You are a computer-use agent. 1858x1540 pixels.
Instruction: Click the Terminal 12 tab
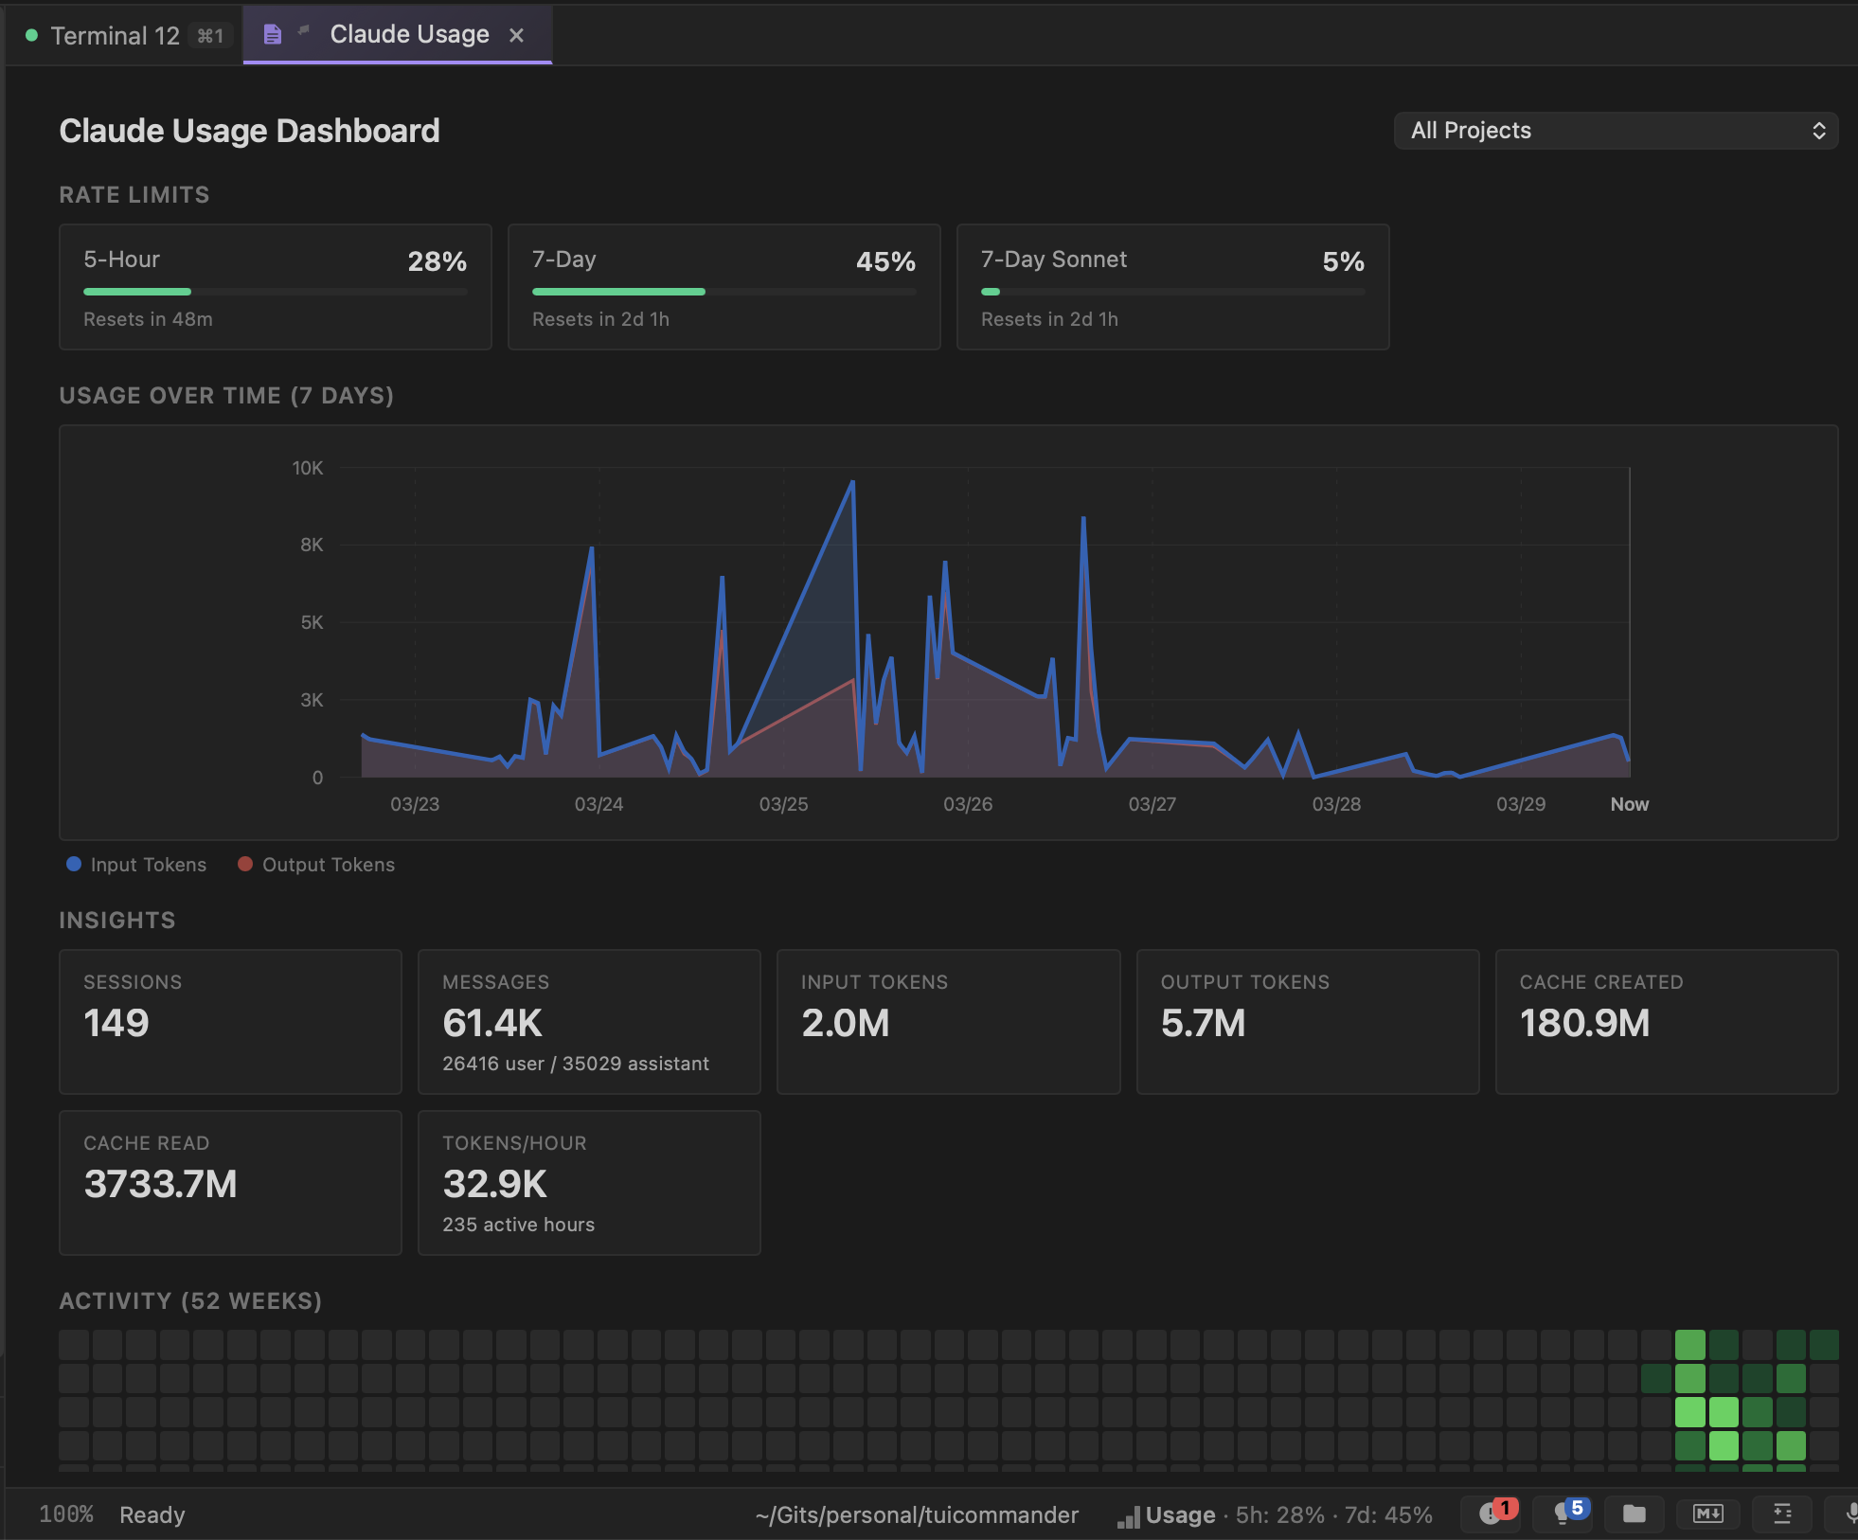coord(115,36)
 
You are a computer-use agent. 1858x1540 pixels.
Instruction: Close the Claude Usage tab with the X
coord(516,36)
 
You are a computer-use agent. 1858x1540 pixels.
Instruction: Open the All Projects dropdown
coord(1616,131)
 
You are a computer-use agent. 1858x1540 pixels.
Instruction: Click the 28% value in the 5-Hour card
coord(437,261)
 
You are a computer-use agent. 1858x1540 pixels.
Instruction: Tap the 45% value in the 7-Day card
coord(885,261)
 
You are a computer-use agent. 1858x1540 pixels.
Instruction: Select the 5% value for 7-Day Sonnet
coord(1343,261)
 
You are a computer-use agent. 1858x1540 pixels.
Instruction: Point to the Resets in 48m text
coord(148,319)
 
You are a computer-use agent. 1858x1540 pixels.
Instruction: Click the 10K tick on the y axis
coord(308,468)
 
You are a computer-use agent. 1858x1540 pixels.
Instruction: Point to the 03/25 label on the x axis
coord(783,804)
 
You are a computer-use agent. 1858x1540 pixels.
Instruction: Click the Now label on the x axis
coord(1629,804)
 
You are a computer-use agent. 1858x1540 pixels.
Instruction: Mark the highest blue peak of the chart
coord(852,482)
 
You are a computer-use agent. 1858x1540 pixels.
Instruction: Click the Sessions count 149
coord(116,1023)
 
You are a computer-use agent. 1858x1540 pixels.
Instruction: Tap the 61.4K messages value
coord(492,1023)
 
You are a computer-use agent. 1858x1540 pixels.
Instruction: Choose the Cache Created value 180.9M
coord(1584,1023)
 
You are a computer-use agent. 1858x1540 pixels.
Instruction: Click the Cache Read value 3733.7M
coord(160,1184)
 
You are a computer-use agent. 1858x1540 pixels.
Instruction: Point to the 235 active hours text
coord(518,1225)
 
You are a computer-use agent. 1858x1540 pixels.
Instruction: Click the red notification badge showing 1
coord(1504,1507)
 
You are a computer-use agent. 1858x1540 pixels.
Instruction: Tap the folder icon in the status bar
coord(1634,1513)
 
